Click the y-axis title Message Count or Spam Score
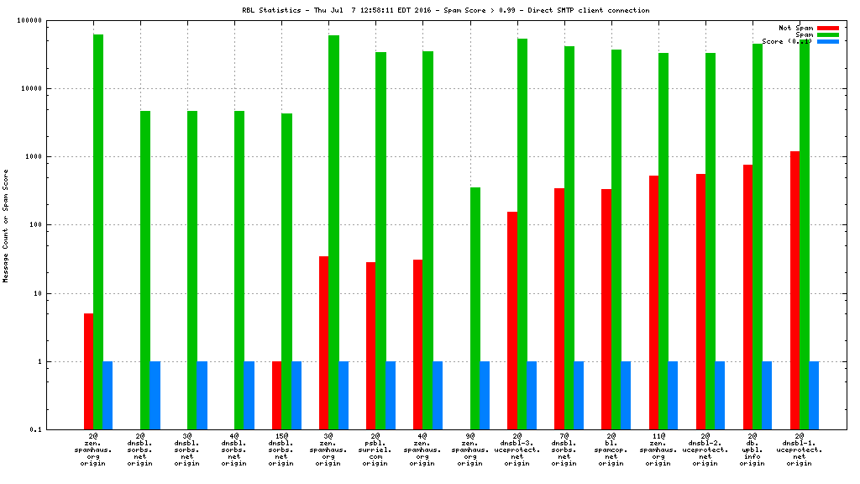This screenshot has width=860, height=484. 6,225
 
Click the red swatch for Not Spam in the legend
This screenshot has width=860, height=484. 827,28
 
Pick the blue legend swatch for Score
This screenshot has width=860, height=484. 827,41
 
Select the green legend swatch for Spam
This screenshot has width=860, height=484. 827,34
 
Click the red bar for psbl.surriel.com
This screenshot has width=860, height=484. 370,345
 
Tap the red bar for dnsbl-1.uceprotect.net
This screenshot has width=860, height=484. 794,290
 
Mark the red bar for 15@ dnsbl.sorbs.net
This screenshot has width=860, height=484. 276,395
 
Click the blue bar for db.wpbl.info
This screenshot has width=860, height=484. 767,395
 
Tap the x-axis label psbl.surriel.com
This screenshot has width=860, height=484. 375,450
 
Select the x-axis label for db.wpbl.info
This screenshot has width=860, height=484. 752,450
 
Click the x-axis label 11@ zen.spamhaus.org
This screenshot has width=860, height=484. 658,450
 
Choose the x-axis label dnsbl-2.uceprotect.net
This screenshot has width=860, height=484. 705,450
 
